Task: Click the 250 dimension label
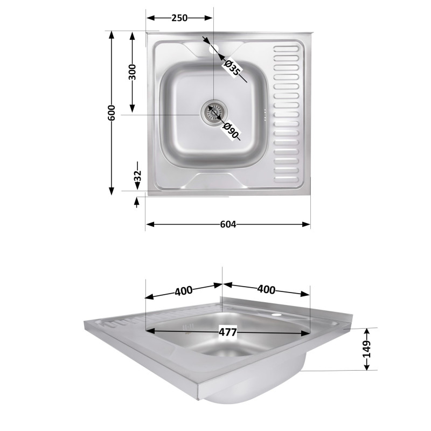point(179,18)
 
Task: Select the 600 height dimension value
point(112,113)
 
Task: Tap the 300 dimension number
point(132,72)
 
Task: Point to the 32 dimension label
point(137,176)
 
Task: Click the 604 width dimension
point(228,225)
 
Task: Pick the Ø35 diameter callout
point(232,68)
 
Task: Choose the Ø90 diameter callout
point(231,130)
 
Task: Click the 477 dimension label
point(227,332)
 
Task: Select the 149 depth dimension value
point(367,349)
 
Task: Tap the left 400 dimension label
point(184,291)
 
